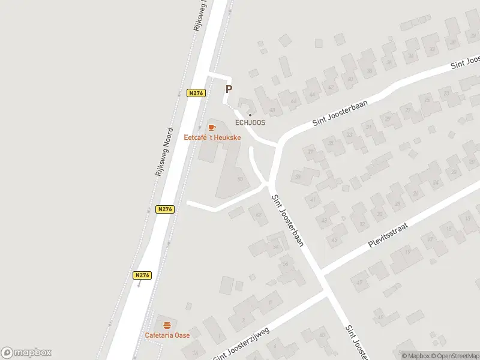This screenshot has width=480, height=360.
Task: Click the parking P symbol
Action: pyautogui.click(x=229, y=89)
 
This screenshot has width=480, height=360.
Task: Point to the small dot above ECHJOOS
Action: pyautogui.click(x=250, y=115)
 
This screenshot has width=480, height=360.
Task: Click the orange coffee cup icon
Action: pyautogui.click(x=211, y=127)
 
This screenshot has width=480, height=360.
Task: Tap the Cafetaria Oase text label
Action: pyautogui.click(x=167, y=335)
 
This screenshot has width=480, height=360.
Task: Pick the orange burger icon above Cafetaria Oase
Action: pyautogui.click(x=167, y=325)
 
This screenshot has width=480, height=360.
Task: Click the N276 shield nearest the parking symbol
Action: pyautogui.click(x=196, y=93)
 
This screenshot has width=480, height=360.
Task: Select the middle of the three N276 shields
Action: pyautogui.click(x=165, y=209)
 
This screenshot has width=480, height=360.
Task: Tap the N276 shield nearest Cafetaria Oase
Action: pyautogui.click(x=142, y=275)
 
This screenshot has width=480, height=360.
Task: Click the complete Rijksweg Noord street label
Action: pyautogui.click(x=163, y=151)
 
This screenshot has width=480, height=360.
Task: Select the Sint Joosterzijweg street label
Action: pyautogui.click(x=241, y=344)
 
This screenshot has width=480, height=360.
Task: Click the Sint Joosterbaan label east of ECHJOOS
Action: pyautogui.click(x=340, y=113)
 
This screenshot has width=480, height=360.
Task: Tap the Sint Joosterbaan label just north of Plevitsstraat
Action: pyautogui.click(x=289, y=221)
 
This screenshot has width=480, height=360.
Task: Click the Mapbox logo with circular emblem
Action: pyautogui.click(x=26, y=352)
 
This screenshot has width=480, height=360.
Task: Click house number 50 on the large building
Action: pyautogui.click(x=241, y=179)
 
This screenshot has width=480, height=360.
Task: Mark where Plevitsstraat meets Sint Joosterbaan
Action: pyautogui.click(x=322, y=274)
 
